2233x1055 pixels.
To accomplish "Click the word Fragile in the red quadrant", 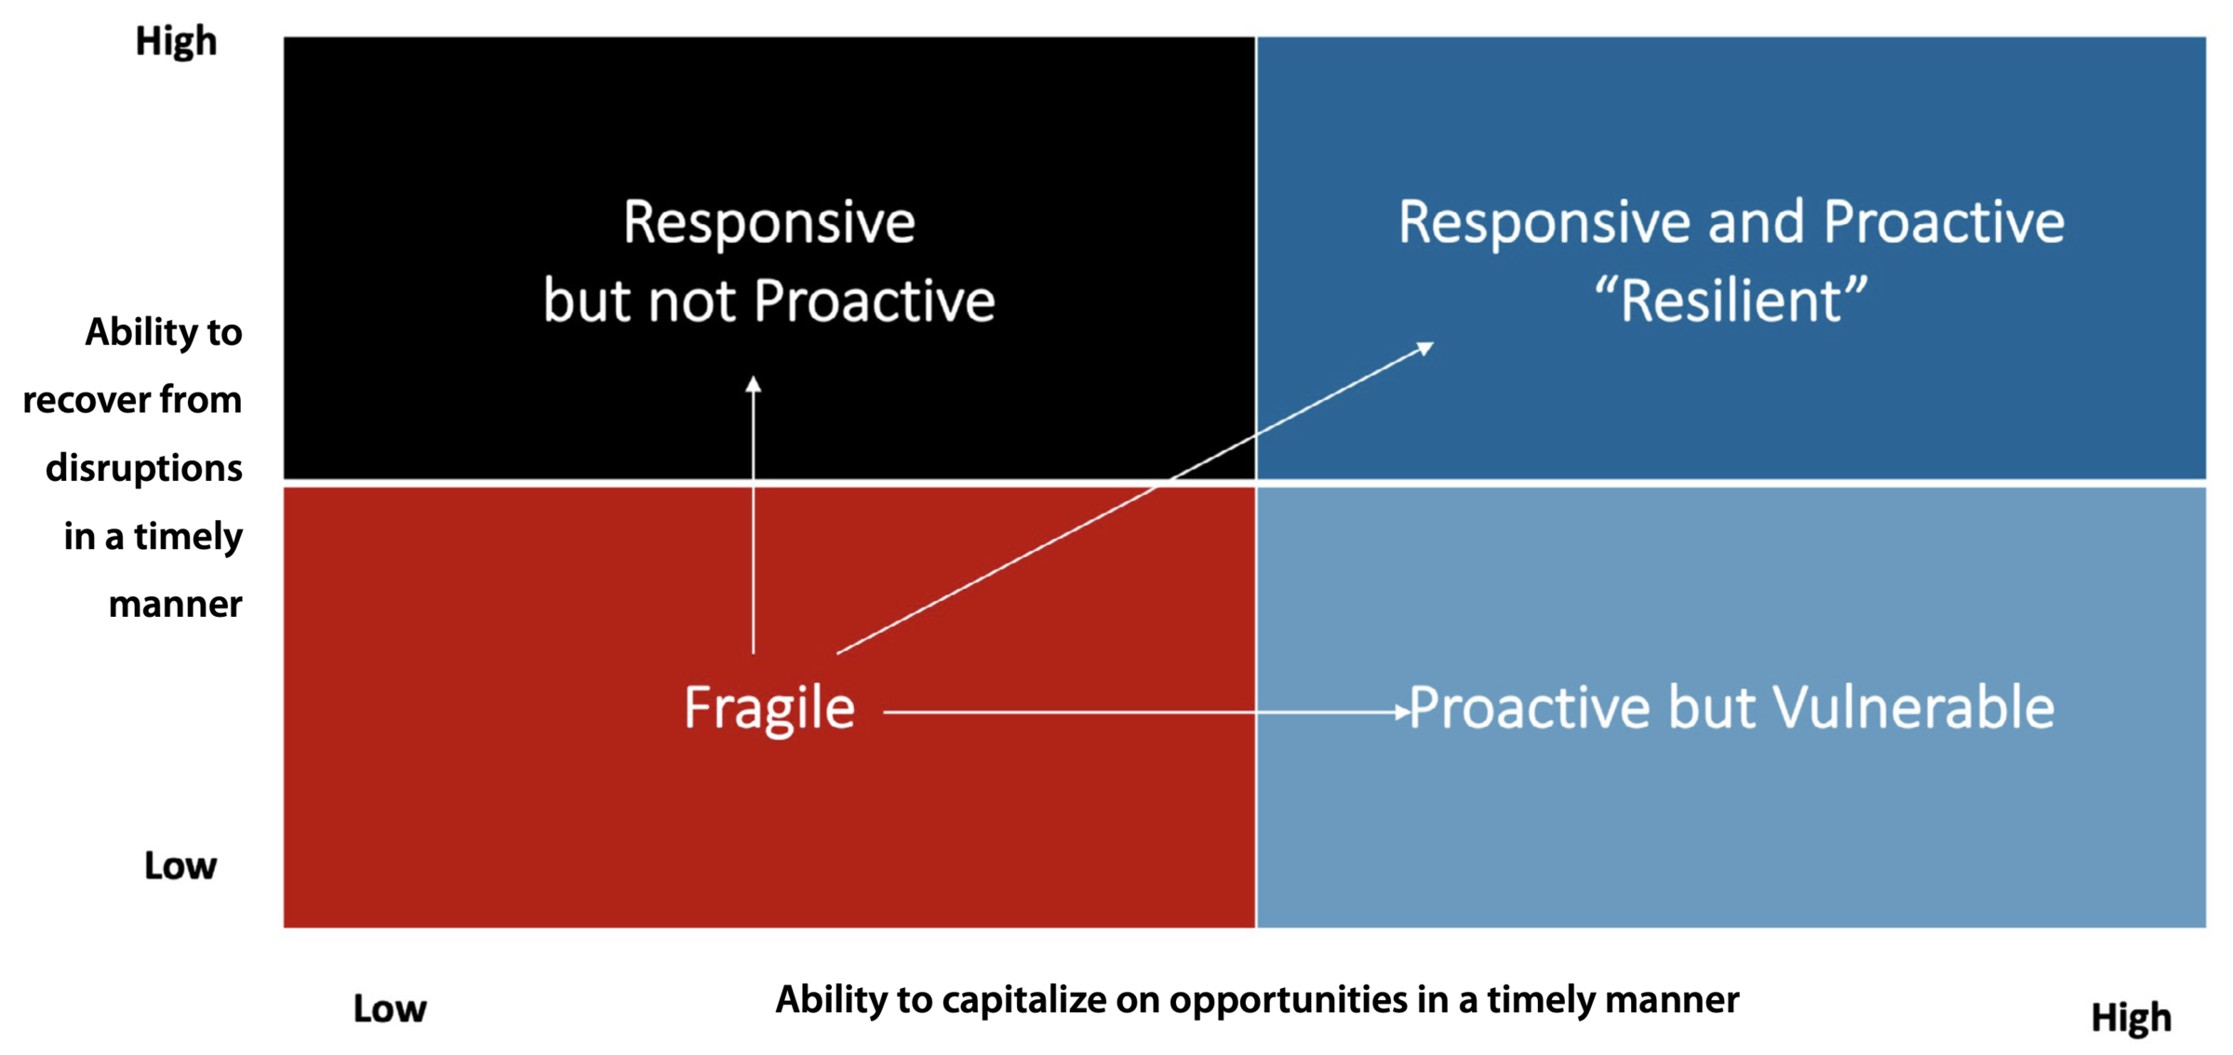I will pyautogui.click(x=769, y=708).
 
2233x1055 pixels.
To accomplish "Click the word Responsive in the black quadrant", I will pyautogui.click(x=769, y=222).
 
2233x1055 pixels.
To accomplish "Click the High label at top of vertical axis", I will pyautogui.click(x=176, y=42).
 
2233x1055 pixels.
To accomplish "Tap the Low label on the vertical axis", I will pyautogui.click(x=180, y=866).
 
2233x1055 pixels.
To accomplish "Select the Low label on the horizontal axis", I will pyautogui.click(x=389, y=1009).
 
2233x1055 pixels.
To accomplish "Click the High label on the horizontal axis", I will pyautogui.click(x=2131, y=1018).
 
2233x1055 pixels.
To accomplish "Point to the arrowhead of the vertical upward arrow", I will pyautogui.click(x=754, y=384).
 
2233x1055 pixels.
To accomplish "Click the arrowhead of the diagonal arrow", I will pyautogui.click(x=1425, y=348).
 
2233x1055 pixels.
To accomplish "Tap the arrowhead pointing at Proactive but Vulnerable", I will pyautogui.click(x=1402, y=713).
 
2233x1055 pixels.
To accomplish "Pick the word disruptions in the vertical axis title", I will pyautogui.click(x=144, y=468).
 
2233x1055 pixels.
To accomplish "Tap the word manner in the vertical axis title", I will pyautogui.click(x=176, y=605).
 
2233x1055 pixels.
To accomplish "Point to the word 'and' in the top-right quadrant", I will pyautogui.click(x=1755, y=222).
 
